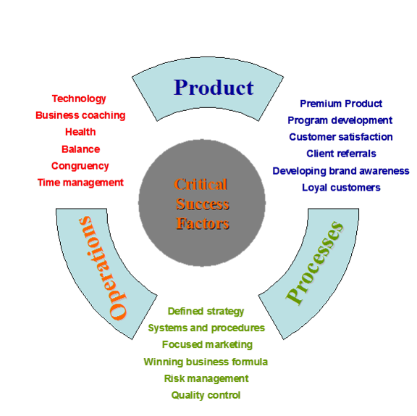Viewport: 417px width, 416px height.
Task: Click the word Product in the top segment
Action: point(214,87)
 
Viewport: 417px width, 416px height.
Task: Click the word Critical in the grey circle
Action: point(201,184)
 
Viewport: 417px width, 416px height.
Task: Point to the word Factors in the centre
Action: point(203,223)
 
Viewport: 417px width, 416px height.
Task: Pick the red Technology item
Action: point(79,99)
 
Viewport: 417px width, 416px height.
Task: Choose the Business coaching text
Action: point(80,115)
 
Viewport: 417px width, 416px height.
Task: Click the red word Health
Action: point(80,132)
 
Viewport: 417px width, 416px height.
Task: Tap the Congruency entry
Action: point(80,166)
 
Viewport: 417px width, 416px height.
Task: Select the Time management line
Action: point(80,183)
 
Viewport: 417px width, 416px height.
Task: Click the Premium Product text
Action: point(341,104)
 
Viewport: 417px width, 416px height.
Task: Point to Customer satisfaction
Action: point(341,137)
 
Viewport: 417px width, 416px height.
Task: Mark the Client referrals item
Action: point(341,154)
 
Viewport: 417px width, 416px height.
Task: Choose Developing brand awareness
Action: point(341,171)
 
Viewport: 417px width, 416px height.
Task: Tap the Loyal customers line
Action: point(341,188)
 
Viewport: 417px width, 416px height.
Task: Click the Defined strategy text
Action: point(206,311)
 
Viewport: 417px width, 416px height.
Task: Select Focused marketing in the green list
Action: point(207,345)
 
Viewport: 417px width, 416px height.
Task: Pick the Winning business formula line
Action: point(206,362)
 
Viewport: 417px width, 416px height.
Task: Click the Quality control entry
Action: point(206,395)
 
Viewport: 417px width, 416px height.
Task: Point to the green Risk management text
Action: point(206,378)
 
